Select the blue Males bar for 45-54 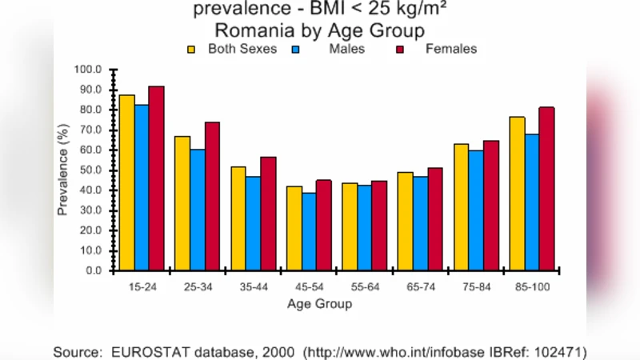tap(309, 232)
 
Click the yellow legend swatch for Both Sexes tap(193, 50)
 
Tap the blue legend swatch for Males tap(295, 50)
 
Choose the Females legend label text tap(450, 50)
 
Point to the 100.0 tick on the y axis tap(89, 70)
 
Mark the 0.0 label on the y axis tap(94, 271)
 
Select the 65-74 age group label tap(420, 286)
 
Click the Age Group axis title tap(319, 304)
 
